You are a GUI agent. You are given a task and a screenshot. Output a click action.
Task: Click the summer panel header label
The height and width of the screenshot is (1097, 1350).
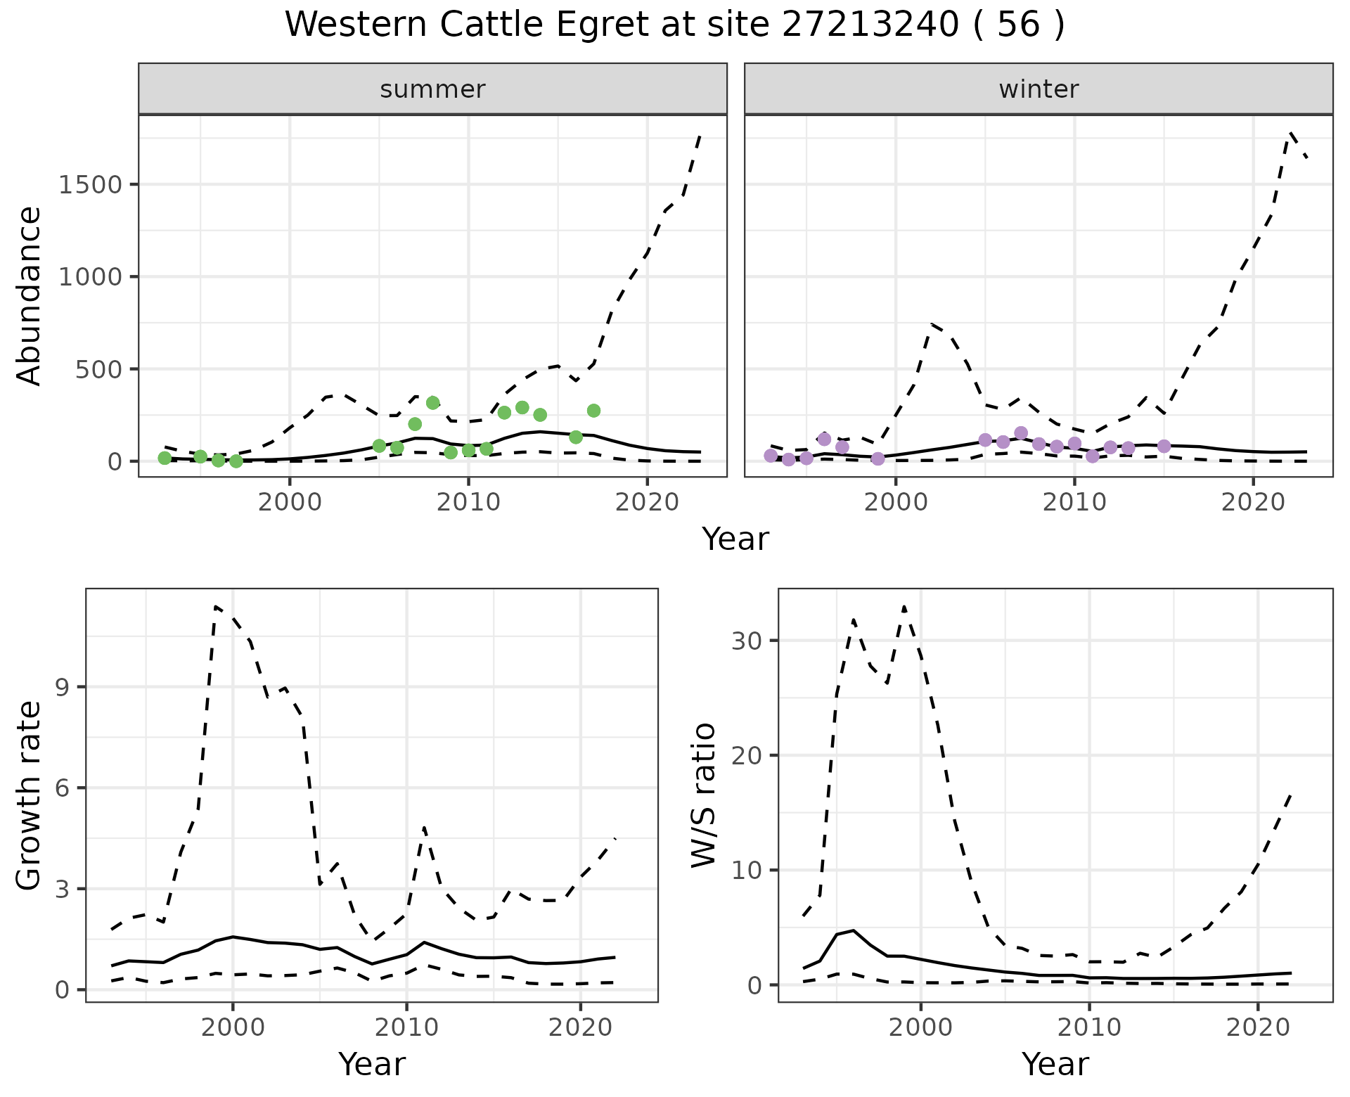pos(432,89)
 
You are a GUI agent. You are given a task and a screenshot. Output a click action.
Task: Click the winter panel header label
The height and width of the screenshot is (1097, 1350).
pos(1039,89)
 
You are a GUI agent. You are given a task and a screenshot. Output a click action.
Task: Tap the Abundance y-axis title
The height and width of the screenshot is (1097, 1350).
pos(29,296)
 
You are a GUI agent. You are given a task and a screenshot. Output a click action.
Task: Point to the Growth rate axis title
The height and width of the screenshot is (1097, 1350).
pos(29,795)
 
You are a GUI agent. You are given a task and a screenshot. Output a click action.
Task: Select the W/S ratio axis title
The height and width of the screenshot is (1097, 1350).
pos(704,795)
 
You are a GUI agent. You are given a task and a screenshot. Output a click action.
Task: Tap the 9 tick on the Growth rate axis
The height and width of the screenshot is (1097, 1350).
pos(62,687)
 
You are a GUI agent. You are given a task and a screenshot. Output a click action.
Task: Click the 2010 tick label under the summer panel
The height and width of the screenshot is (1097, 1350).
pos(468,503)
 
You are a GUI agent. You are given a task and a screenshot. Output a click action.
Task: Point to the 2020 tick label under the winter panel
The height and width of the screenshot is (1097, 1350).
pos(1253,503)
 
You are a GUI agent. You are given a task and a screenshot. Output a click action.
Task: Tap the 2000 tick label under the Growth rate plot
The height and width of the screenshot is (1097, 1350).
pos(233,1027)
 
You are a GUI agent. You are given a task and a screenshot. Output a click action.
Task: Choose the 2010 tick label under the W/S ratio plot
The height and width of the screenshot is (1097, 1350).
pos(1089,1027)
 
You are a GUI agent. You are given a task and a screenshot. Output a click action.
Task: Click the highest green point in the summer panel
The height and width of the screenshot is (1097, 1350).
pos(433,403)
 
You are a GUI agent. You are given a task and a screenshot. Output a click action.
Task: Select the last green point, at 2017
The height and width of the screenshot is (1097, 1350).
pos(593,411)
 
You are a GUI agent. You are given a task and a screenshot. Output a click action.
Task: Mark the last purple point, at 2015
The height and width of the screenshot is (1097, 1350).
pos(1164,447)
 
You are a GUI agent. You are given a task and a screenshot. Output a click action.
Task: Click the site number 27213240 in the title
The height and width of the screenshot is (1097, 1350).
pos(870,25)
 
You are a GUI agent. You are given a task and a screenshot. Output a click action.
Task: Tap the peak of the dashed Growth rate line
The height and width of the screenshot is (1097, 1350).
pos(216,606)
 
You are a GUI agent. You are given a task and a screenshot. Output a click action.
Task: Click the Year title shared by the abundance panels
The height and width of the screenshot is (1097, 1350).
pos(735,539)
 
